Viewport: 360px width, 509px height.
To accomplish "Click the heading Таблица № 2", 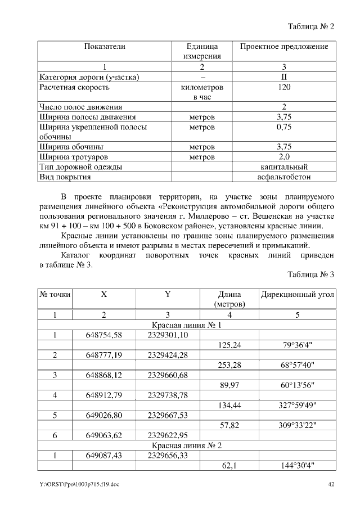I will coord(310,27).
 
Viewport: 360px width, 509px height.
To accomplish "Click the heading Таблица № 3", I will coord(310,275).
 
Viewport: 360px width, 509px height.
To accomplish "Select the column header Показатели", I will coord(105,46).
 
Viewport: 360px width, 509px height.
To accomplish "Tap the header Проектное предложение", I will coord(284,46).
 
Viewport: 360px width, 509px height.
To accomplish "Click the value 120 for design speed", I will coord(284,88).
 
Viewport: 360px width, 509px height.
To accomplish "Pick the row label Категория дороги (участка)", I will coord(89,77).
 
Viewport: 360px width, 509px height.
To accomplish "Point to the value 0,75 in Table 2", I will coord(284,128).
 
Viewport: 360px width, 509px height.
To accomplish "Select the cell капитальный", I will coord(284,167).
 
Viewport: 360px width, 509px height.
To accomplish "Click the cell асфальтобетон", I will coord(284,177).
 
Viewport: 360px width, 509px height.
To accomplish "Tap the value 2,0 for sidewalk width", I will coord(284,157).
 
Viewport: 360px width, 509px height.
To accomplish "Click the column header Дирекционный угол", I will coord(297,295).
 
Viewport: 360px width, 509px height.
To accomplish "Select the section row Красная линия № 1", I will coord(187,326).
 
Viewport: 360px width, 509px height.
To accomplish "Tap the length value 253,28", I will coord(229,365).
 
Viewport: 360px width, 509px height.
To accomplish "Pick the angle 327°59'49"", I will coord(297,405).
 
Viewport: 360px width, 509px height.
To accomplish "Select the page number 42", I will coord(331,484).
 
